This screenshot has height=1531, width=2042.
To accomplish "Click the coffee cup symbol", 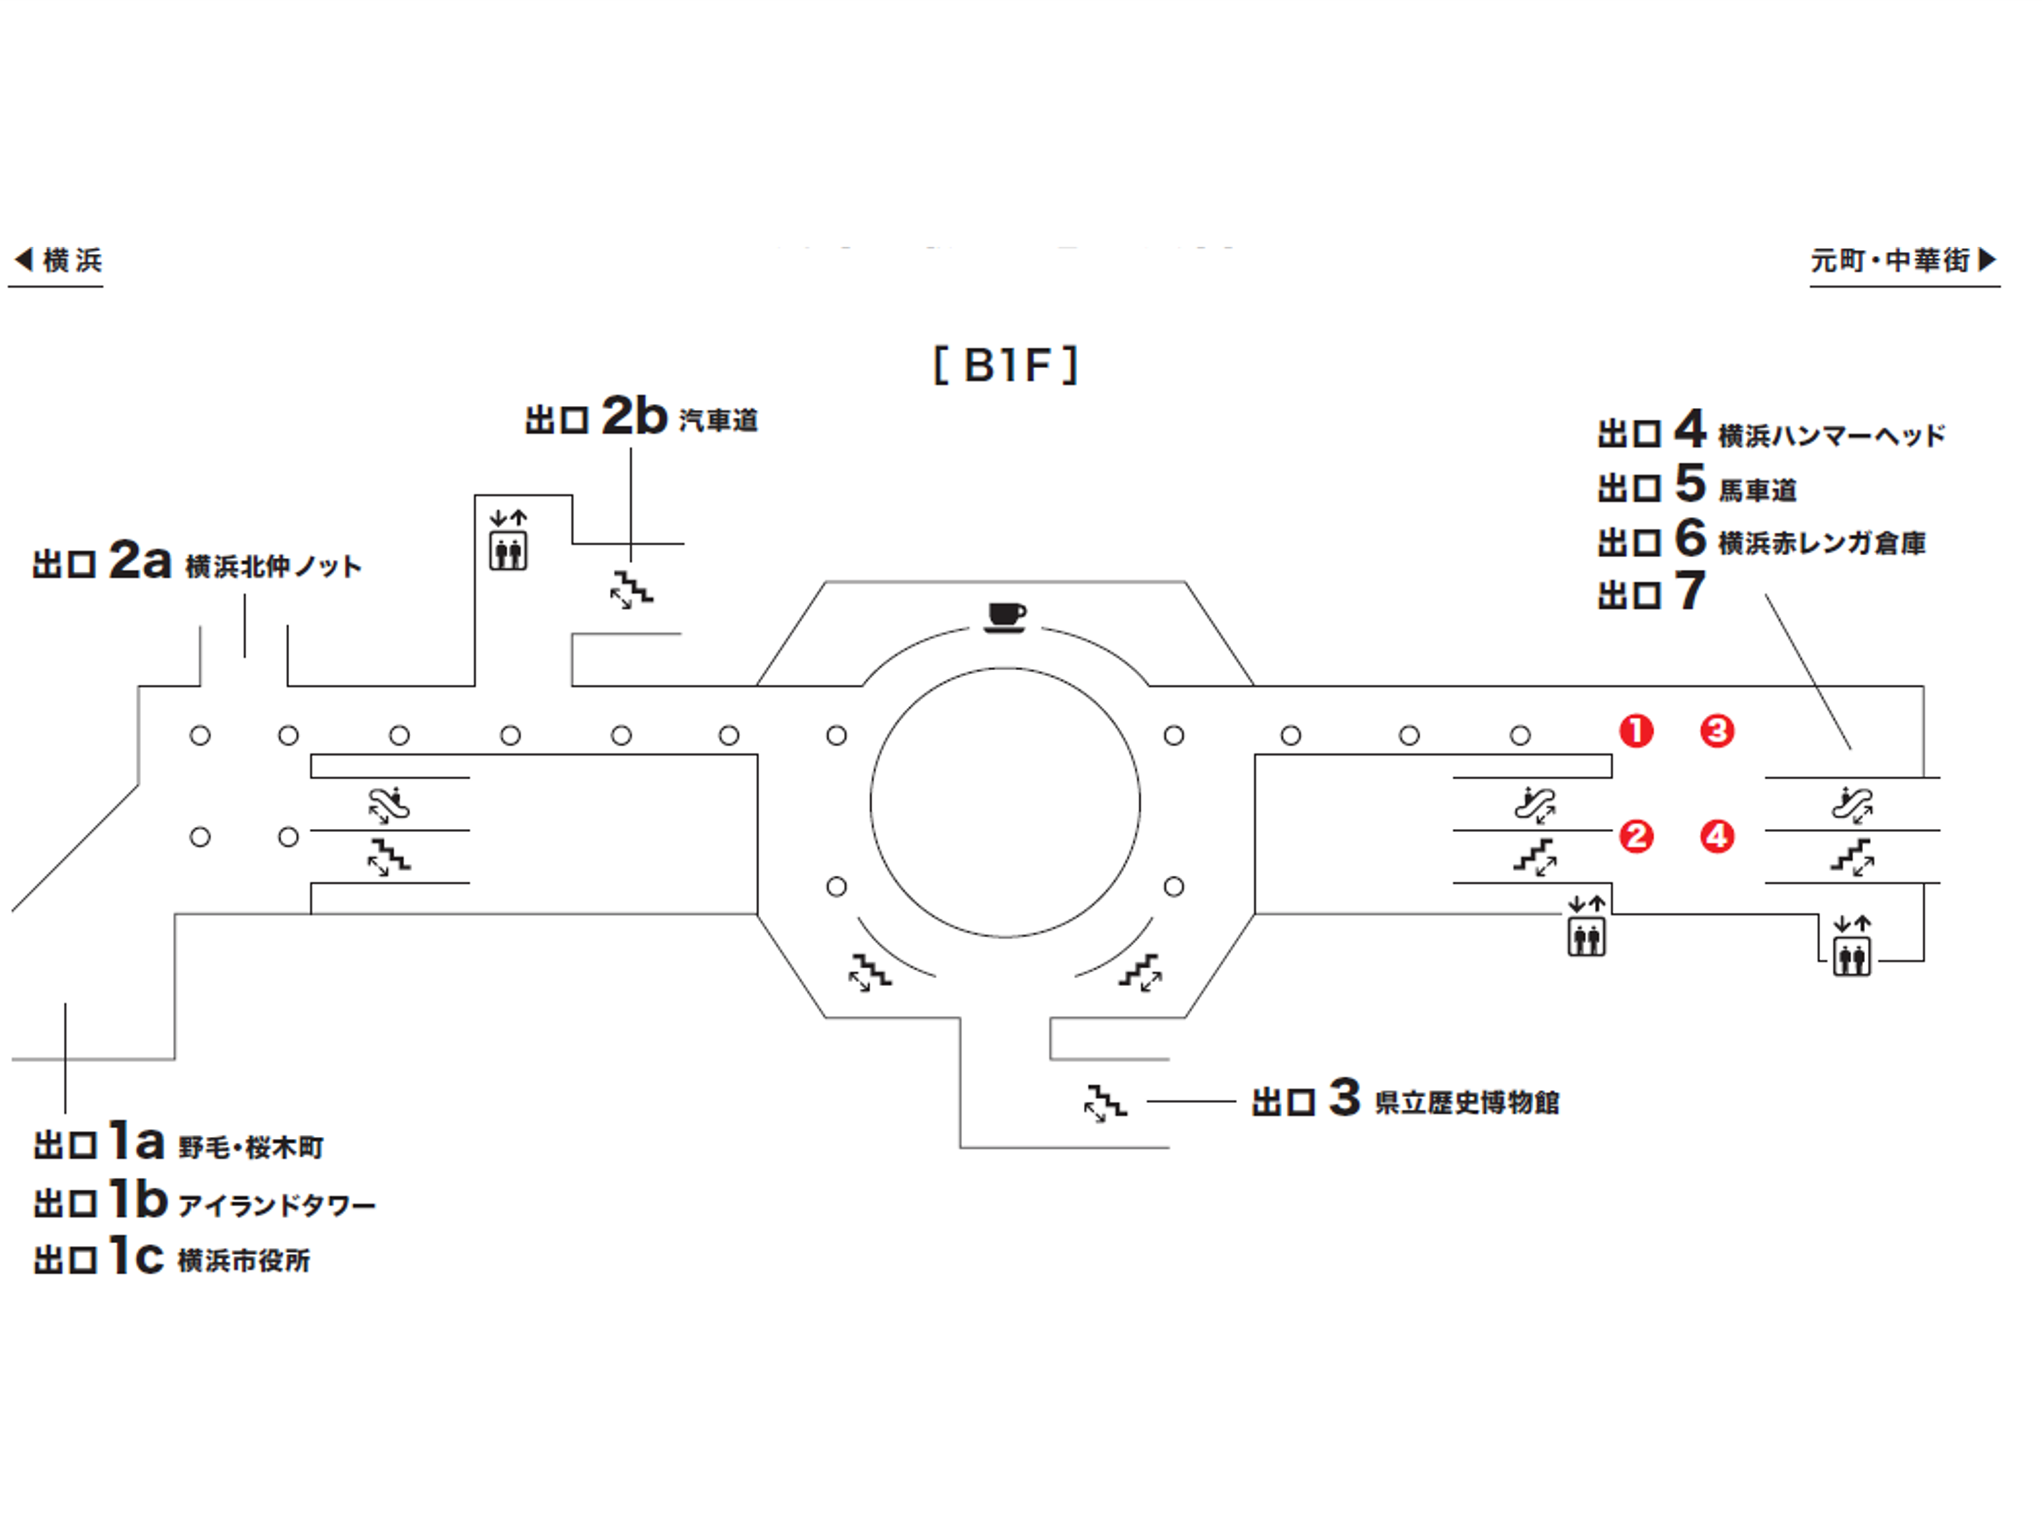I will (1005, 617).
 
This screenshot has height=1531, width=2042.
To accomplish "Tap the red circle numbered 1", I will (1636, 731).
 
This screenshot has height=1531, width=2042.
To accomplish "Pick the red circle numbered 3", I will (1716, 731).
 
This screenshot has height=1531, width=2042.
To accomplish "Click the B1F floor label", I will (1005, 365).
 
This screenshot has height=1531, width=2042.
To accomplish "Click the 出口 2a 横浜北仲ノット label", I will (196, 562).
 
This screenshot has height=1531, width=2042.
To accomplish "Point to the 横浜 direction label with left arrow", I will (57, 260).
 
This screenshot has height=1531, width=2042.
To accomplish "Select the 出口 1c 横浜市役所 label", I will (172, 1258).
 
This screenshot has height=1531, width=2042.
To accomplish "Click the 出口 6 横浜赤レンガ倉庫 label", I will (1761, 540).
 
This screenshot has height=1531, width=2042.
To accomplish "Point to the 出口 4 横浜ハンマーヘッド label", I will (1770, 432).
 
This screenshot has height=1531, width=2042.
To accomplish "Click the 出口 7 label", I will (1652, 593).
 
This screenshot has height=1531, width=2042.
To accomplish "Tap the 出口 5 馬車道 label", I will (1697, 486).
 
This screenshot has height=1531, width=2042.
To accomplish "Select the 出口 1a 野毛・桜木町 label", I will (178, 1144).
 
